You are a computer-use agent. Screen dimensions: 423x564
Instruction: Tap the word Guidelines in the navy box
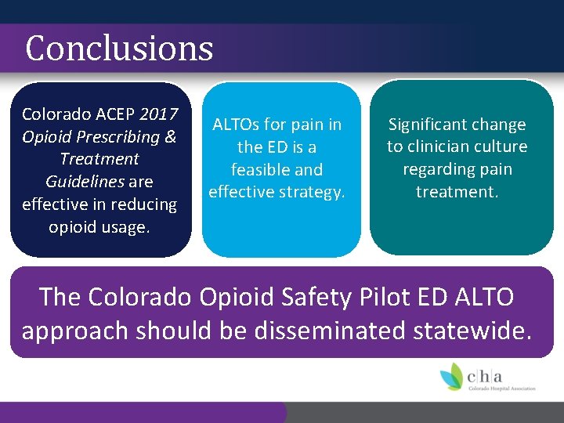tap(78, 182)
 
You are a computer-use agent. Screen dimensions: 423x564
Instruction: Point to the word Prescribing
tap(117, 137)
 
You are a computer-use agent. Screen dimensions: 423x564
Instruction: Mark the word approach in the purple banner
tap(75, 331)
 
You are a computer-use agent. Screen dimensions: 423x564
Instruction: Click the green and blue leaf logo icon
tap(451, 376)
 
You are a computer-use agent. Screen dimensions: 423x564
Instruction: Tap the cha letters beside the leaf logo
tap(486, 374)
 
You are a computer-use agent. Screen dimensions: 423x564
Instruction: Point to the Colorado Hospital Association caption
tap(501, 388)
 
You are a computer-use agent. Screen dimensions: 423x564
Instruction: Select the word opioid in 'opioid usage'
tap(76, 227)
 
